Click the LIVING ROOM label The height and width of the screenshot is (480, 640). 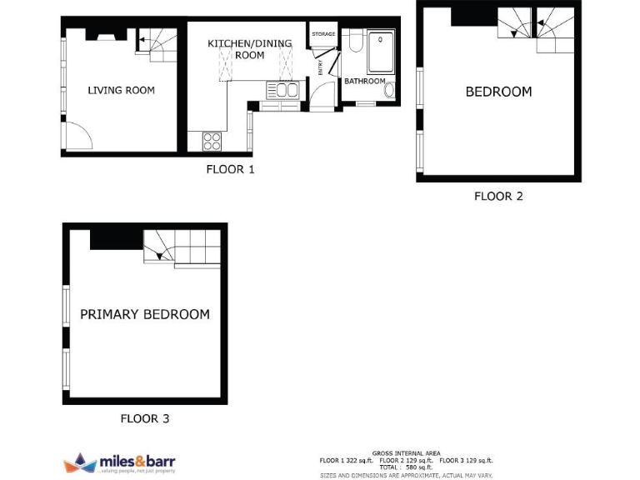pos(122,90)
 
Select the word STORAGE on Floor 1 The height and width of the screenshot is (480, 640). pos(323,34)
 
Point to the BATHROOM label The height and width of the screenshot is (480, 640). pos(365,81)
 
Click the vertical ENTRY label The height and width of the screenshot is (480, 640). pos(320,67)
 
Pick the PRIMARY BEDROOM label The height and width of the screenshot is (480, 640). pos(145,314)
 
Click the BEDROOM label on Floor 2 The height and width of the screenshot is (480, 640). pos(498,92)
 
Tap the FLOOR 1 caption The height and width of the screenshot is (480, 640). pos(230,169)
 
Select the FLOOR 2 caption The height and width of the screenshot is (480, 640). pos(498,197)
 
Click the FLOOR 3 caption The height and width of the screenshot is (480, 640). pos(145,418)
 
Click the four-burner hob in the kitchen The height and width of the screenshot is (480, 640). pos(212,142)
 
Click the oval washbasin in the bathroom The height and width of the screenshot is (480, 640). pos(390,90)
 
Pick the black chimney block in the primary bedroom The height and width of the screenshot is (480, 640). pos(116,238)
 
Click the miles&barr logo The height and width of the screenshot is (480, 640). pos(119,462)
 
